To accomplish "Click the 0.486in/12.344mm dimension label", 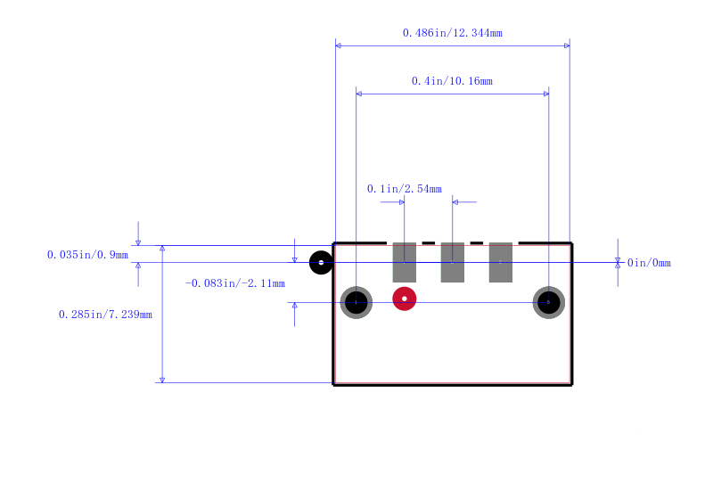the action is (x=453, y=33).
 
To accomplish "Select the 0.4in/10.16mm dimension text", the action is (x=452, y=81).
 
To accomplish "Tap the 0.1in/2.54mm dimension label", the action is (x=405, y=189).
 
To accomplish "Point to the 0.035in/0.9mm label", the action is (x=87, y=255).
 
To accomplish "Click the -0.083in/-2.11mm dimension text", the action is (x=234, y=283).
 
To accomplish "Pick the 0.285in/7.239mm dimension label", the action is (x=105, y=315).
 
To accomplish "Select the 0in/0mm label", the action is (x=649, y=263).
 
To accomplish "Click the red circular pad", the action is (x=405, y=299).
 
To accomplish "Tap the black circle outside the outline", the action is (x=321, y=262).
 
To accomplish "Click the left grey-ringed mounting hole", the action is (x=356, y=302).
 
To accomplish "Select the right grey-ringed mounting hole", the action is (x=549, y=302).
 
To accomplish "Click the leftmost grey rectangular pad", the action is (x=405, y=262).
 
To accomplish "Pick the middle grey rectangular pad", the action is (x=453, y=262).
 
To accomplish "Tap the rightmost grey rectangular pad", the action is (x=501, y=262).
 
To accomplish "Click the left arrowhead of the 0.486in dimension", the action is (x=339, y=45).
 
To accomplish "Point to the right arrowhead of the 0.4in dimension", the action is (x=546, y=94).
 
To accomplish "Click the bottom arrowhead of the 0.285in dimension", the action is (x=162, y=380).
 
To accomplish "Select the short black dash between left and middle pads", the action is (x=429, y=243).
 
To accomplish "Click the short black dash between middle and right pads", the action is (x=477, y=243).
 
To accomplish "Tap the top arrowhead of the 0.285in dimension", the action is (x=162, y=249).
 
